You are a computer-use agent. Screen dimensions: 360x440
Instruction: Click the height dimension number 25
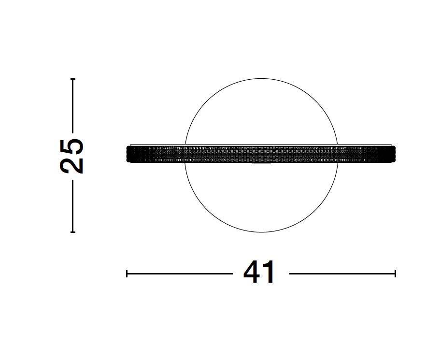(x=72, y=156)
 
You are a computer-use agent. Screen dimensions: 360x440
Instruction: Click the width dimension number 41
(x=260, y=274)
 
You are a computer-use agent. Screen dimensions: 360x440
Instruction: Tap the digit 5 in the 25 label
(x=72, y=147)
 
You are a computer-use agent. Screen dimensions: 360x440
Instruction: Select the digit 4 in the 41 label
(x=253, y=274)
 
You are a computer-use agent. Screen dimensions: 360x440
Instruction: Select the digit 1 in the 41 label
(x=270, y=274)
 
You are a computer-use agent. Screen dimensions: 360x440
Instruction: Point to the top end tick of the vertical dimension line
(x=72, y=78)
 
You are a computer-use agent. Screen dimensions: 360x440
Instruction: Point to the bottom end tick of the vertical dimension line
(x=72, y=232)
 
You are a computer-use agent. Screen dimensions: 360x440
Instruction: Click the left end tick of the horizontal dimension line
(x=127, y=274)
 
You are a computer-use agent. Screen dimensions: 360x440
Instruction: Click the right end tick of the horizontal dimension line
(x=395, y=274)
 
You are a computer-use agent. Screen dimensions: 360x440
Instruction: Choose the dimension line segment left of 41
(x=179, y=274)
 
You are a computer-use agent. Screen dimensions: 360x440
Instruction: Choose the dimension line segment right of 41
(x=342, y=274)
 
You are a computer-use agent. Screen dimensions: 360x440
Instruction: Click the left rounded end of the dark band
(x=128, y=154)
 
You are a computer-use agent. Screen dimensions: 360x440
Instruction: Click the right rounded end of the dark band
(x=393, y=154)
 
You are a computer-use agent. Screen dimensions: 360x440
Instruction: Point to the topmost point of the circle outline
(x=261, y=78)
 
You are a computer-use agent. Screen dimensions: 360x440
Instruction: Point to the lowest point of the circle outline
(x=261, y=232)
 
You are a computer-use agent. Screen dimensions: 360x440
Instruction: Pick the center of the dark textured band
(x=261, y=154)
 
